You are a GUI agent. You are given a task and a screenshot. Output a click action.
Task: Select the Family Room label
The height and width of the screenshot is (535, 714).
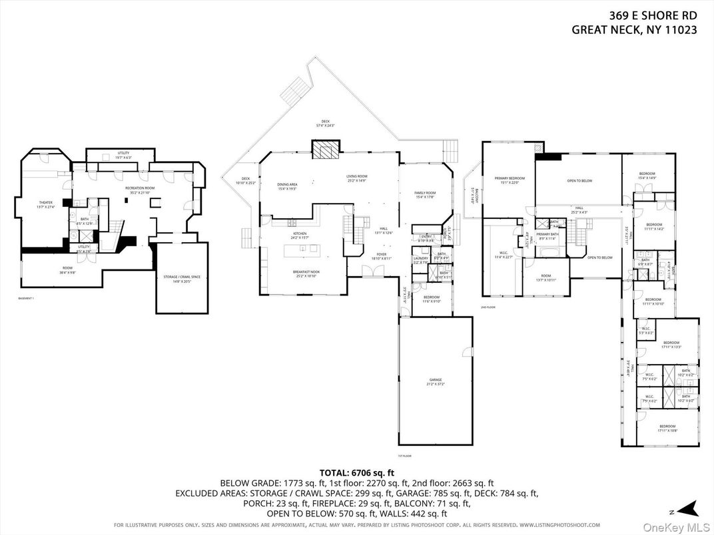point(425,194)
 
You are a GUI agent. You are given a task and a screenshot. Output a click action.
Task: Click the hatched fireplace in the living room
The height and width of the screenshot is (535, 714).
point(326,151)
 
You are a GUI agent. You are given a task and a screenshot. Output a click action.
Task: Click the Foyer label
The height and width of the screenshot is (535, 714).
point(382,256)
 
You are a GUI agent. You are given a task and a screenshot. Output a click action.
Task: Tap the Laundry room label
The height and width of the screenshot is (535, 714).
point(420,260)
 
